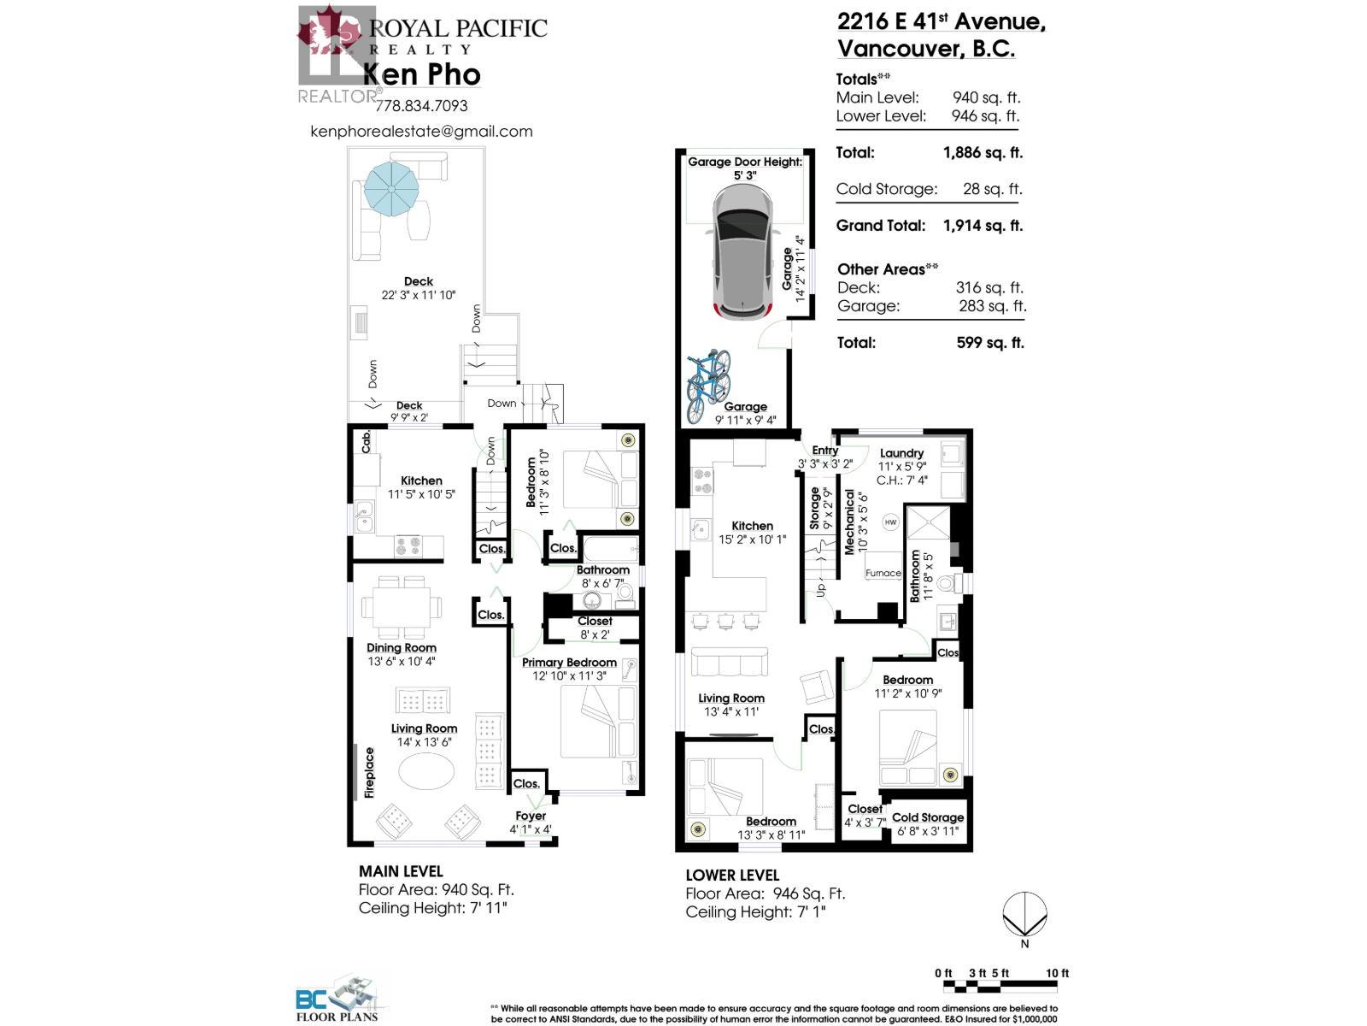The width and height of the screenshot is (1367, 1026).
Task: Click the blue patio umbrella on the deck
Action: pyautogui.click(x=390, y=187)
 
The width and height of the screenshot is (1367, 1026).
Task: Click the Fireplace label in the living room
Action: pyautogui.click(x=369, y=772)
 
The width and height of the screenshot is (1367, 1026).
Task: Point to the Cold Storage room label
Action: pyautogui.click(x=927, y=817)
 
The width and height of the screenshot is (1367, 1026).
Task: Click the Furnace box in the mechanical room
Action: pyautogui.click(x=883, y=573)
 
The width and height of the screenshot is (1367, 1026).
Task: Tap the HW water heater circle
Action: pyautogui.click(x=890, y=522)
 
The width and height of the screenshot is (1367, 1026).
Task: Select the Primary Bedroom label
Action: pyautogui.click(x=569, y=662)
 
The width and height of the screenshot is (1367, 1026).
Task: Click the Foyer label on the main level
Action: pyautogui.click(x=531, y=816)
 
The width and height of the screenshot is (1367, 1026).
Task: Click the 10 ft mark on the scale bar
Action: pyautogui.click(x=1057, y=973)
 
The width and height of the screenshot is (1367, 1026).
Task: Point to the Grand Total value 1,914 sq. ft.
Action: pyautogui.click(x=983, y=226)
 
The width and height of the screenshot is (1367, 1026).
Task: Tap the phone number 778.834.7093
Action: pyautogui.click(x=421, y=106)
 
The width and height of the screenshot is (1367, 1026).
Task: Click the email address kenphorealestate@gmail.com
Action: pyautogui.click(x=421, y=132)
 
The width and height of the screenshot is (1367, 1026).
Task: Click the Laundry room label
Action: pyautogui.click(x=901, y=453)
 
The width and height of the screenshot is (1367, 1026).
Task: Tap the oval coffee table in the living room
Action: pyautogui.click(x=426, y=771)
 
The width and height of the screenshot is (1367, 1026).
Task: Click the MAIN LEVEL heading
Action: pyautogui.click(x=401, y=871)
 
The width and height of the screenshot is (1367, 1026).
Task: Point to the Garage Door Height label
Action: pyautogui.click(x=745, y=162)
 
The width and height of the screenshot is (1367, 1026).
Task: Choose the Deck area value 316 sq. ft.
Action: pyautogui.click(x=989, y=288)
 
